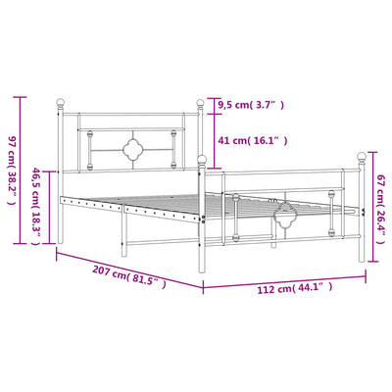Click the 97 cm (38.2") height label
[x=11, y=171]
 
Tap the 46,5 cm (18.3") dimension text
[x=36, y=207]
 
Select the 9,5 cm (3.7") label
[x=251, y=105]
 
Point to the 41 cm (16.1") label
[x=253, y=141]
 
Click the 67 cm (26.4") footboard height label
[x=381, y=209]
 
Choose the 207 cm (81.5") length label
[x=129, y=276]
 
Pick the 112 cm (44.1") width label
[x=295, y=288]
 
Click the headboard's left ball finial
[x=60, y=102]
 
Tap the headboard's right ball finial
[x=200, y=103]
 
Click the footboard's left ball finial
[x=202, y=160]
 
